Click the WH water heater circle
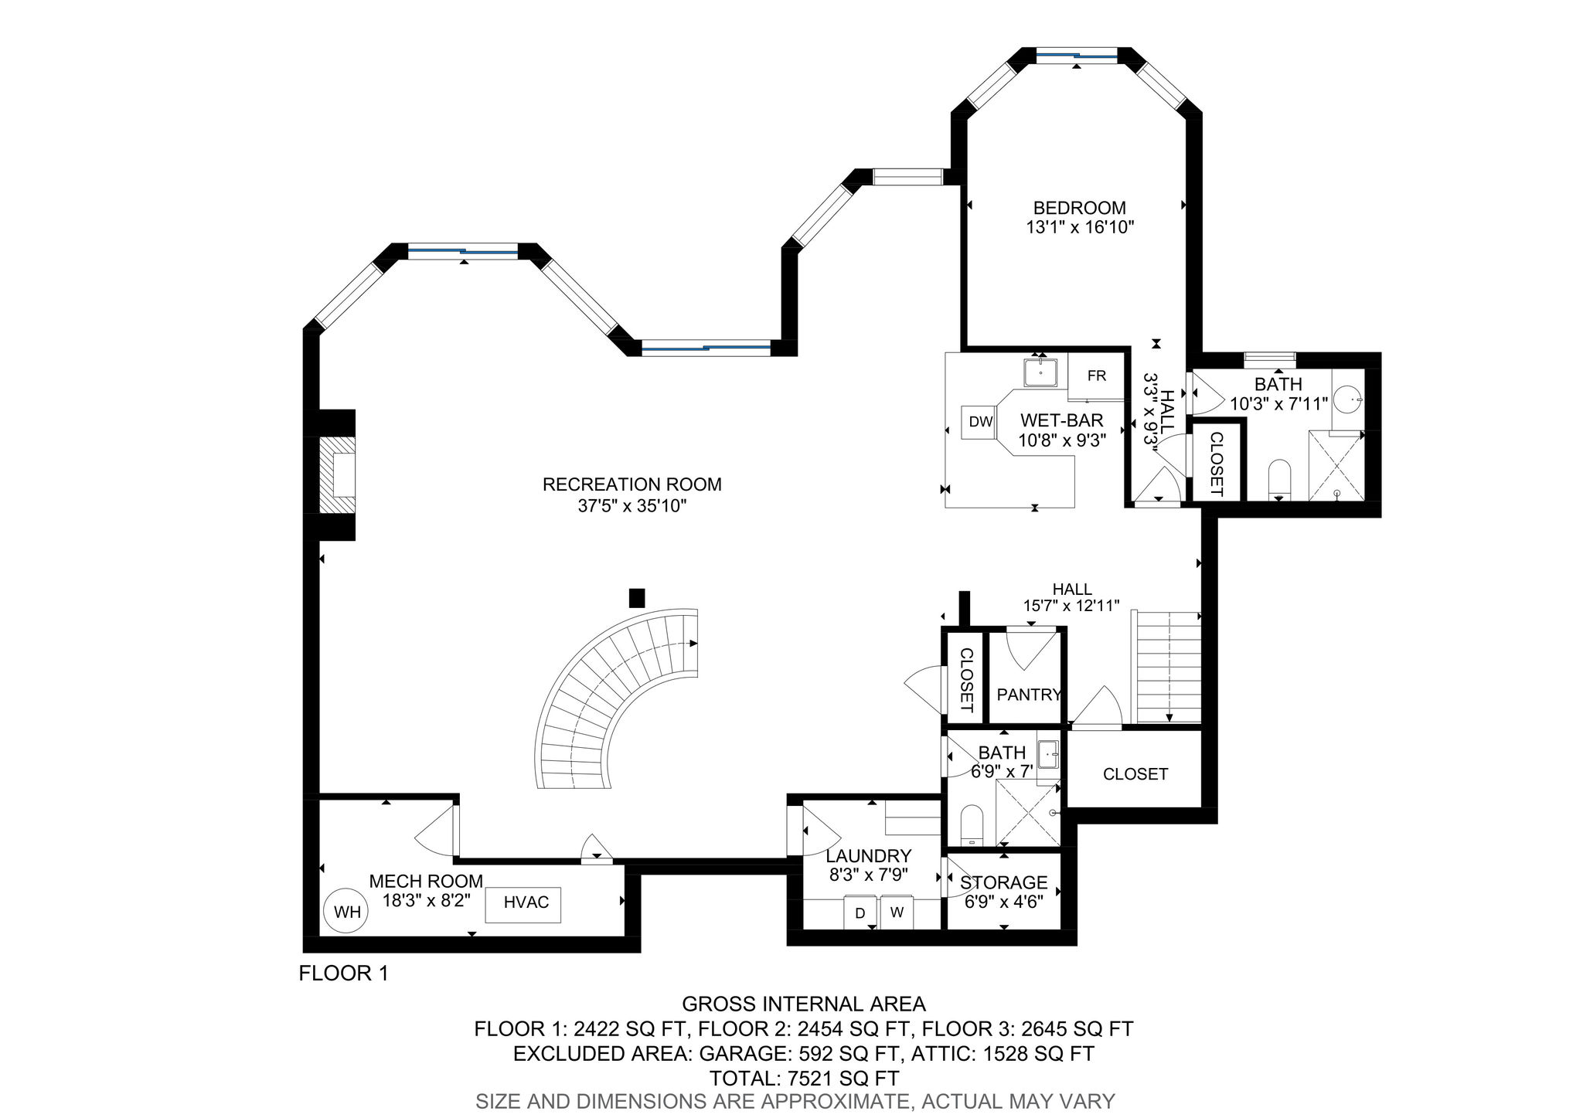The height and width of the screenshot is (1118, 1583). click(x=347, y=912)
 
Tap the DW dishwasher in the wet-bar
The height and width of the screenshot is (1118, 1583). click(x=980, y=422)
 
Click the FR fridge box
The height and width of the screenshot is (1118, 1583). click(x=1096, y=376)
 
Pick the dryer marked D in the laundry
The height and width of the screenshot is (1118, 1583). click(x=860, y=912)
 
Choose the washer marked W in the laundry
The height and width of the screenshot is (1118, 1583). click(x=897, y=912)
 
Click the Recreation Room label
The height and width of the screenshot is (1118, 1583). click(x=632, y=484)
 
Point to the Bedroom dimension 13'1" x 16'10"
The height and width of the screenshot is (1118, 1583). click(x=1080, y=228)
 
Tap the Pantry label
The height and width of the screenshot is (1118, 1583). click(x=1029, y=695)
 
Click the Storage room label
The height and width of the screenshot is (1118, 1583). click(x=1003, y=882)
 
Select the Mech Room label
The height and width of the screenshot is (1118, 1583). click(x=426, y=881)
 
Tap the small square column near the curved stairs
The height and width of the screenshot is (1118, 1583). click(x=637, y=598)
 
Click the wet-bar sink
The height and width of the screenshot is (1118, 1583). click(x=1042, y=372)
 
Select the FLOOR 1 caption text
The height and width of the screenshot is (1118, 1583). click(x=343, y=974)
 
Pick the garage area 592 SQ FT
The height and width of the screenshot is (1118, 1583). click(x=849, y=1054)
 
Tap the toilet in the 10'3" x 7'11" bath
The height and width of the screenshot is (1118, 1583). click(x=1280, y=480)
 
